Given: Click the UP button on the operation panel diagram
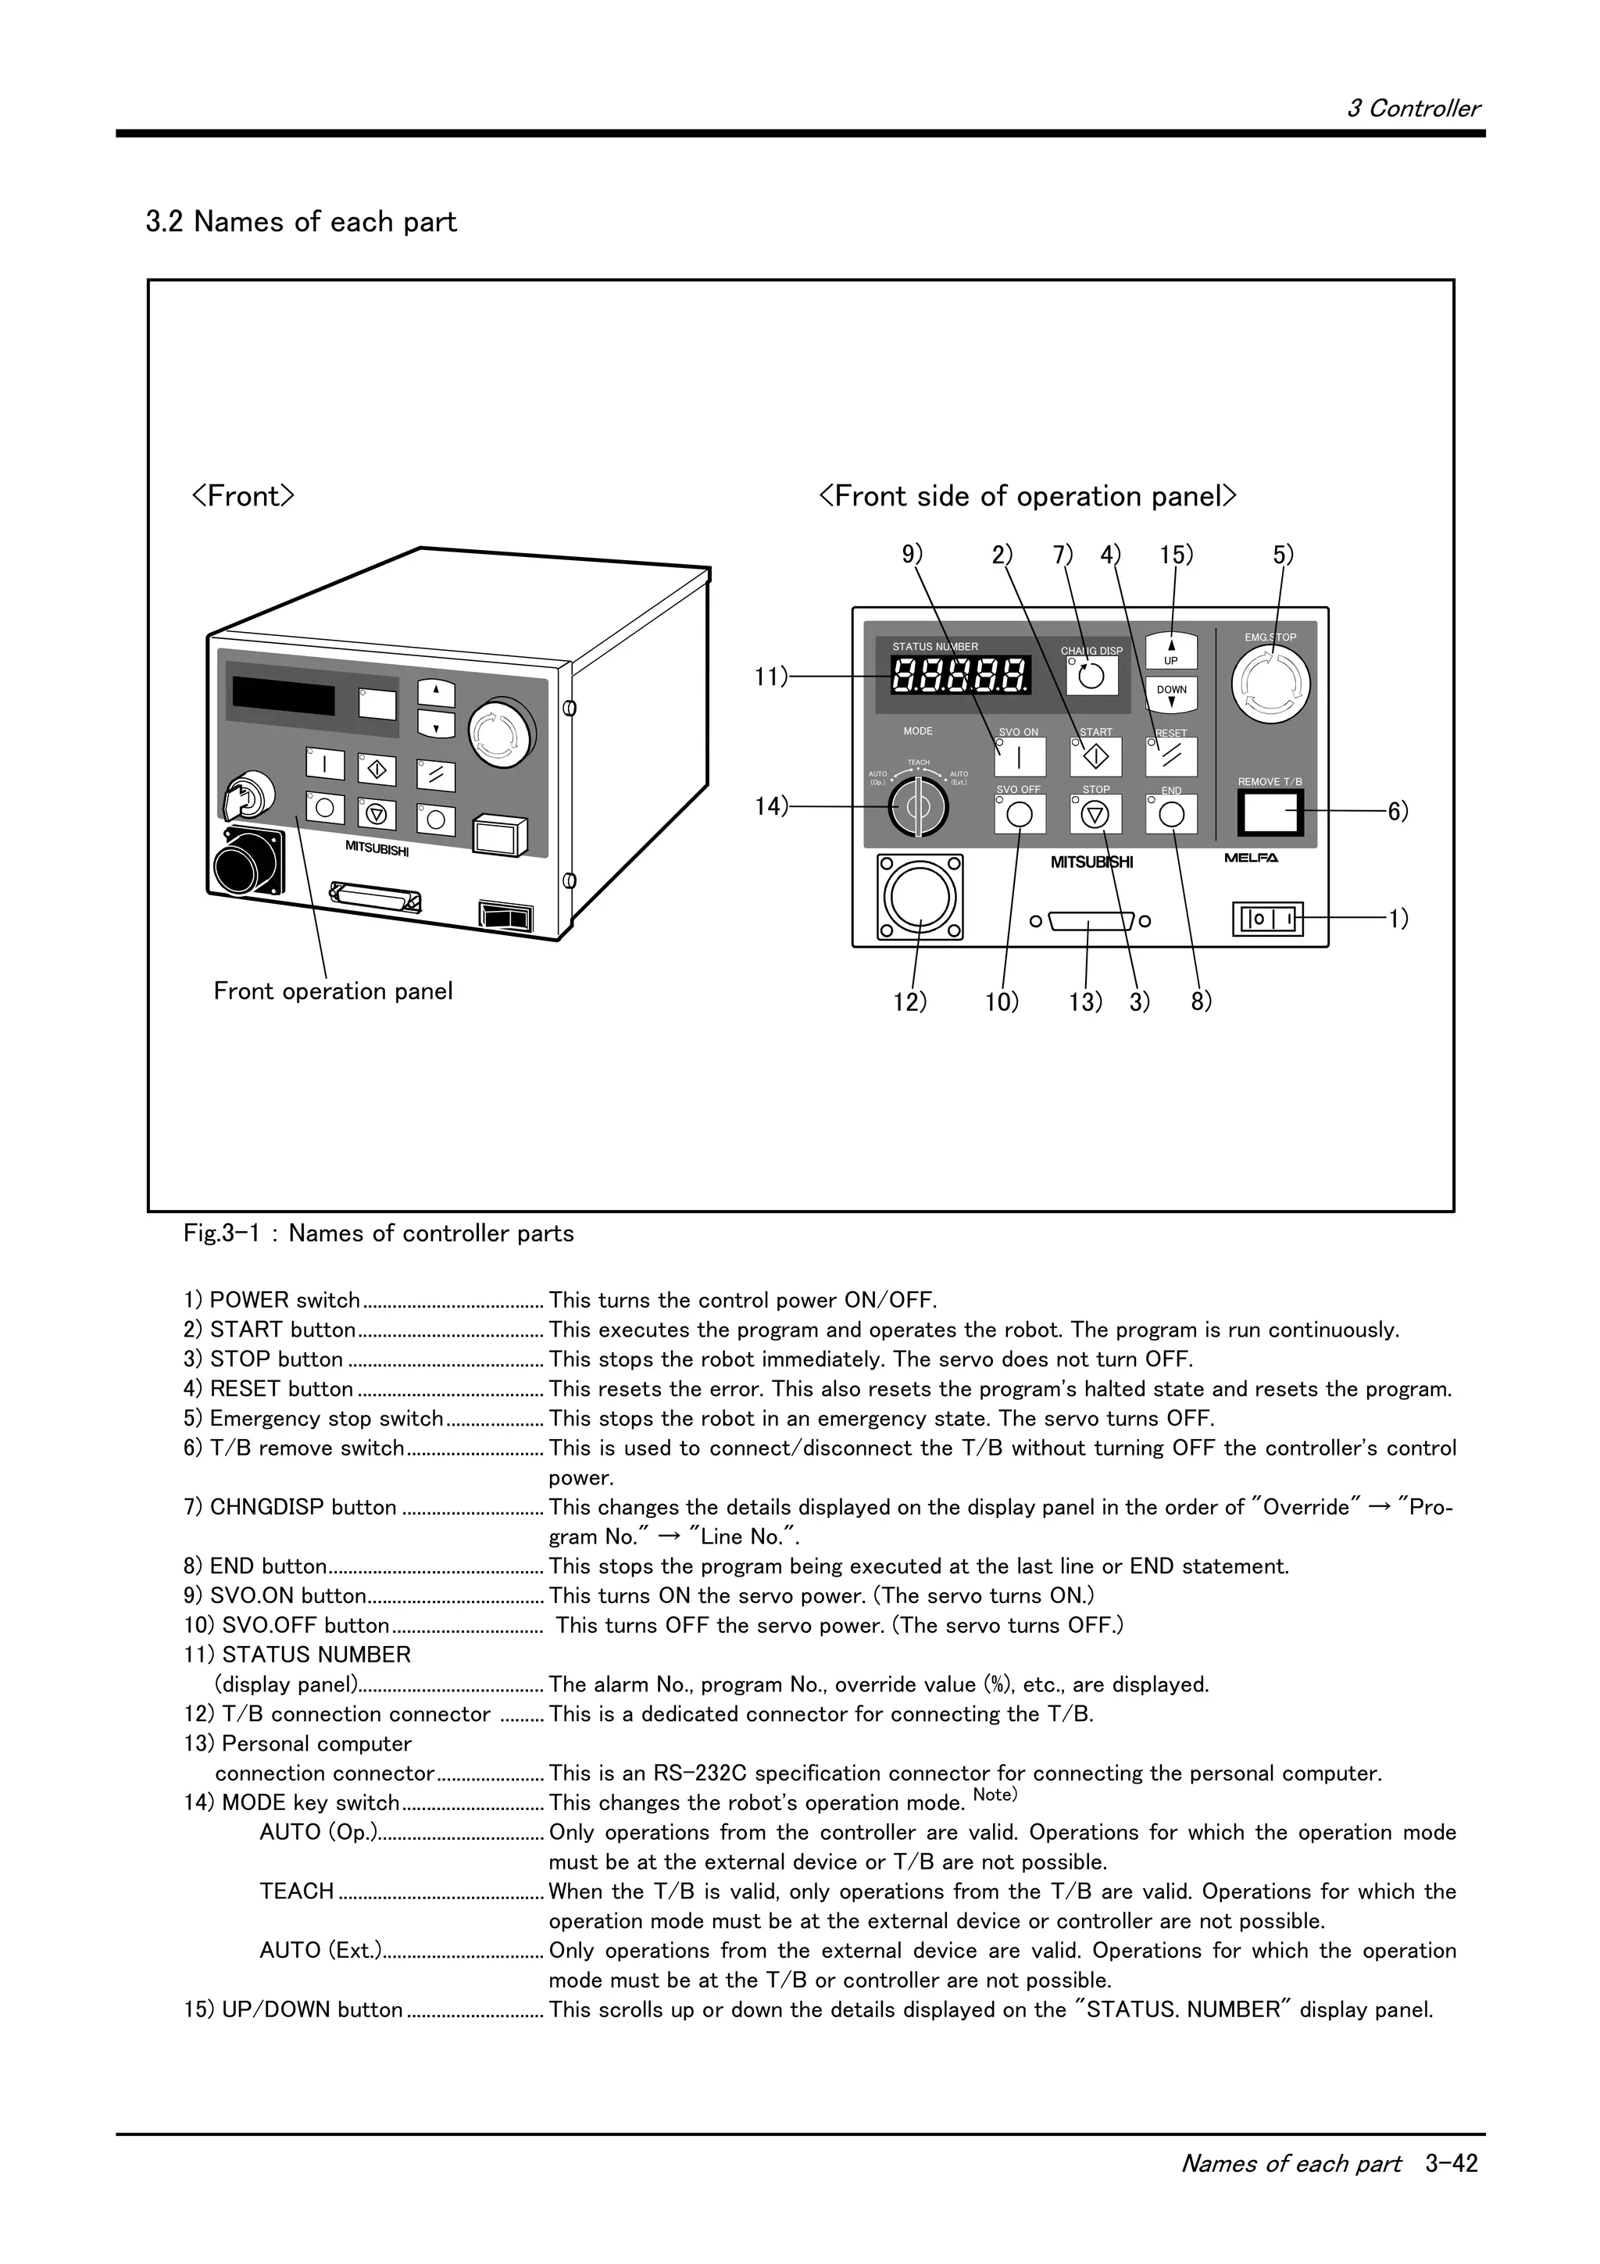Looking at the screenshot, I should click(x=1171, y=652).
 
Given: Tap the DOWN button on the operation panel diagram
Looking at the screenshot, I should click(x=1171, y=695).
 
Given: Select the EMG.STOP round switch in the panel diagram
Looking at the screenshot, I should click(x=1271, y=682).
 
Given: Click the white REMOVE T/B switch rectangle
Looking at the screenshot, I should click(x=1271, y=812).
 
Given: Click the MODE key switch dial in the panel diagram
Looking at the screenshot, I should click(x=918, y=806).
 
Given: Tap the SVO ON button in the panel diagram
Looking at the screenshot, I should click(x=1020, y=757).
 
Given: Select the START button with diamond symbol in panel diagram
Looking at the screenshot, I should click(x=1095, y=757).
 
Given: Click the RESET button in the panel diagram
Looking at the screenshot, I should click(x=1171, y=757).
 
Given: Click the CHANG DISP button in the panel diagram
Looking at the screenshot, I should click(x=1092, y=676).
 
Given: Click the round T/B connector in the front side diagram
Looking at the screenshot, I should click(x=920, y=896).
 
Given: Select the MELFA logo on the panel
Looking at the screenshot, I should click(x=1251, y=858).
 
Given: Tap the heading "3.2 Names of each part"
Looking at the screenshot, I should click(x=301, y=222).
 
